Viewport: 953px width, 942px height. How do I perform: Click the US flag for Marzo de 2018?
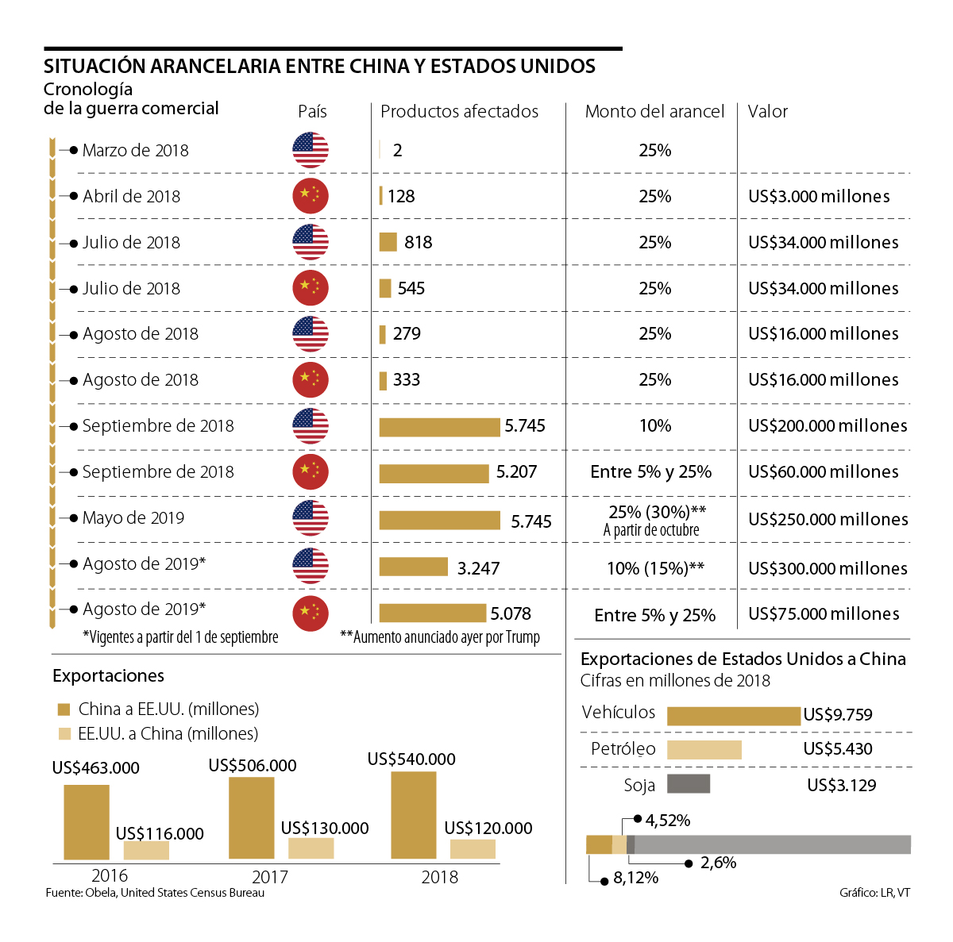point(311,150)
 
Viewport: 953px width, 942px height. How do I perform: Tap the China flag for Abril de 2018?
point(311,196)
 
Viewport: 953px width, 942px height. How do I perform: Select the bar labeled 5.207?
point(434,473)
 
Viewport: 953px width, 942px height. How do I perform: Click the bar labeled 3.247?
point(414,567)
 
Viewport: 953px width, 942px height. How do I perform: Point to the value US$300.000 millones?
point(828,568)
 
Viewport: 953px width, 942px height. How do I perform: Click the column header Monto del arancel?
point(654,112)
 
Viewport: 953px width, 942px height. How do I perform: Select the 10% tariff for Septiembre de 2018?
point(655,426)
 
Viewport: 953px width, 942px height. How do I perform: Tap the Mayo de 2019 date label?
point(133,518)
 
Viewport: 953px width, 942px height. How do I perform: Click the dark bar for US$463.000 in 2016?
point(87,822)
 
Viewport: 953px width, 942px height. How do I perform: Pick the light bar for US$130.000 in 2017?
point(311,848)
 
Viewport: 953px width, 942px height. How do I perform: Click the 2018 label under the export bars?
point(440,877)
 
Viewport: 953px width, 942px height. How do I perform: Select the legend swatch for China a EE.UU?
point(64,709)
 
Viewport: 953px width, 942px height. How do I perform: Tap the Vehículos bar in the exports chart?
point(733,716)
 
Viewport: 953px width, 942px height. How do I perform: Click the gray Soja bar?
point(688,784)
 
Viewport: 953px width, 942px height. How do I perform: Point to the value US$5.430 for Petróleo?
point(838,749)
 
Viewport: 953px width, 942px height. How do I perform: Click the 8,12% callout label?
point(635,878)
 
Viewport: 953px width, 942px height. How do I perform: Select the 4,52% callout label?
point(667,820)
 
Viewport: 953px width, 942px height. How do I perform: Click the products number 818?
point(418,242)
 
